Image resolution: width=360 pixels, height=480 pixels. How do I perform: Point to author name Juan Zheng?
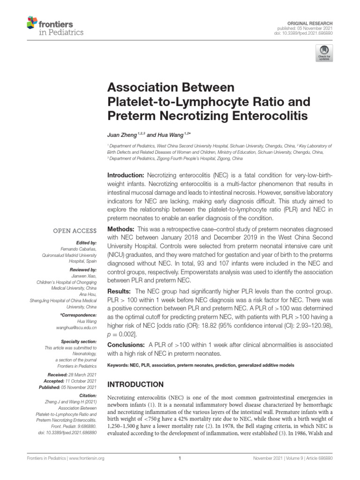(x=121, y=135)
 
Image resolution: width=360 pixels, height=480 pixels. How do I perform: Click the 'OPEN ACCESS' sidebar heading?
(x=75, y=231)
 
